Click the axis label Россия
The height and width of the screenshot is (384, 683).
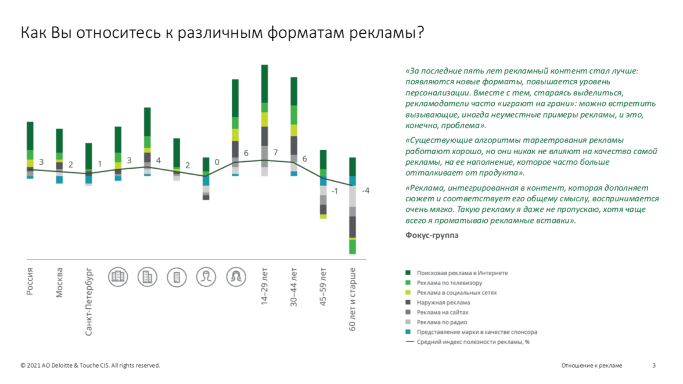30,282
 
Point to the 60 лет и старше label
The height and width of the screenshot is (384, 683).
353,299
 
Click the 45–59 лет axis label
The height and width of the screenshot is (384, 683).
323,286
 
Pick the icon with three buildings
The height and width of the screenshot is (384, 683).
118,276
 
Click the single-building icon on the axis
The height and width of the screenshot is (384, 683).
177,276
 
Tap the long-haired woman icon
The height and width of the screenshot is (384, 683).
235,276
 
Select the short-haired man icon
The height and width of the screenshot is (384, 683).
206,276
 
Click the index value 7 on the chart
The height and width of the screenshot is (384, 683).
275,153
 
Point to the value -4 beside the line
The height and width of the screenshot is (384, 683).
365,190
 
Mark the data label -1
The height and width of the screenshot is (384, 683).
335,191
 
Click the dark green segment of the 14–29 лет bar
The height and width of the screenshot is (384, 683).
265,84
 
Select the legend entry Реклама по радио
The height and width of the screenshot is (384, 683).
442,322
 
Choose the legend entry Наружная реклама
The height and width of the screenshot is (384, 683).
443,303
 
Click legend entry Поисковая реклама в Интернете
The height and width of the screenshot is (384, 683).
462,273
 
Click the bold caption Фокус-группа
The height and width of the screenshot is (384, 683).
431,236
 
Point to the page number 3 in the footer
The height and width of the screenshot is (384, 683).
654,365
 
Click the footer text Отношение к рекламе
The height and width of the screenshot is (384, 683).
591,365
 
